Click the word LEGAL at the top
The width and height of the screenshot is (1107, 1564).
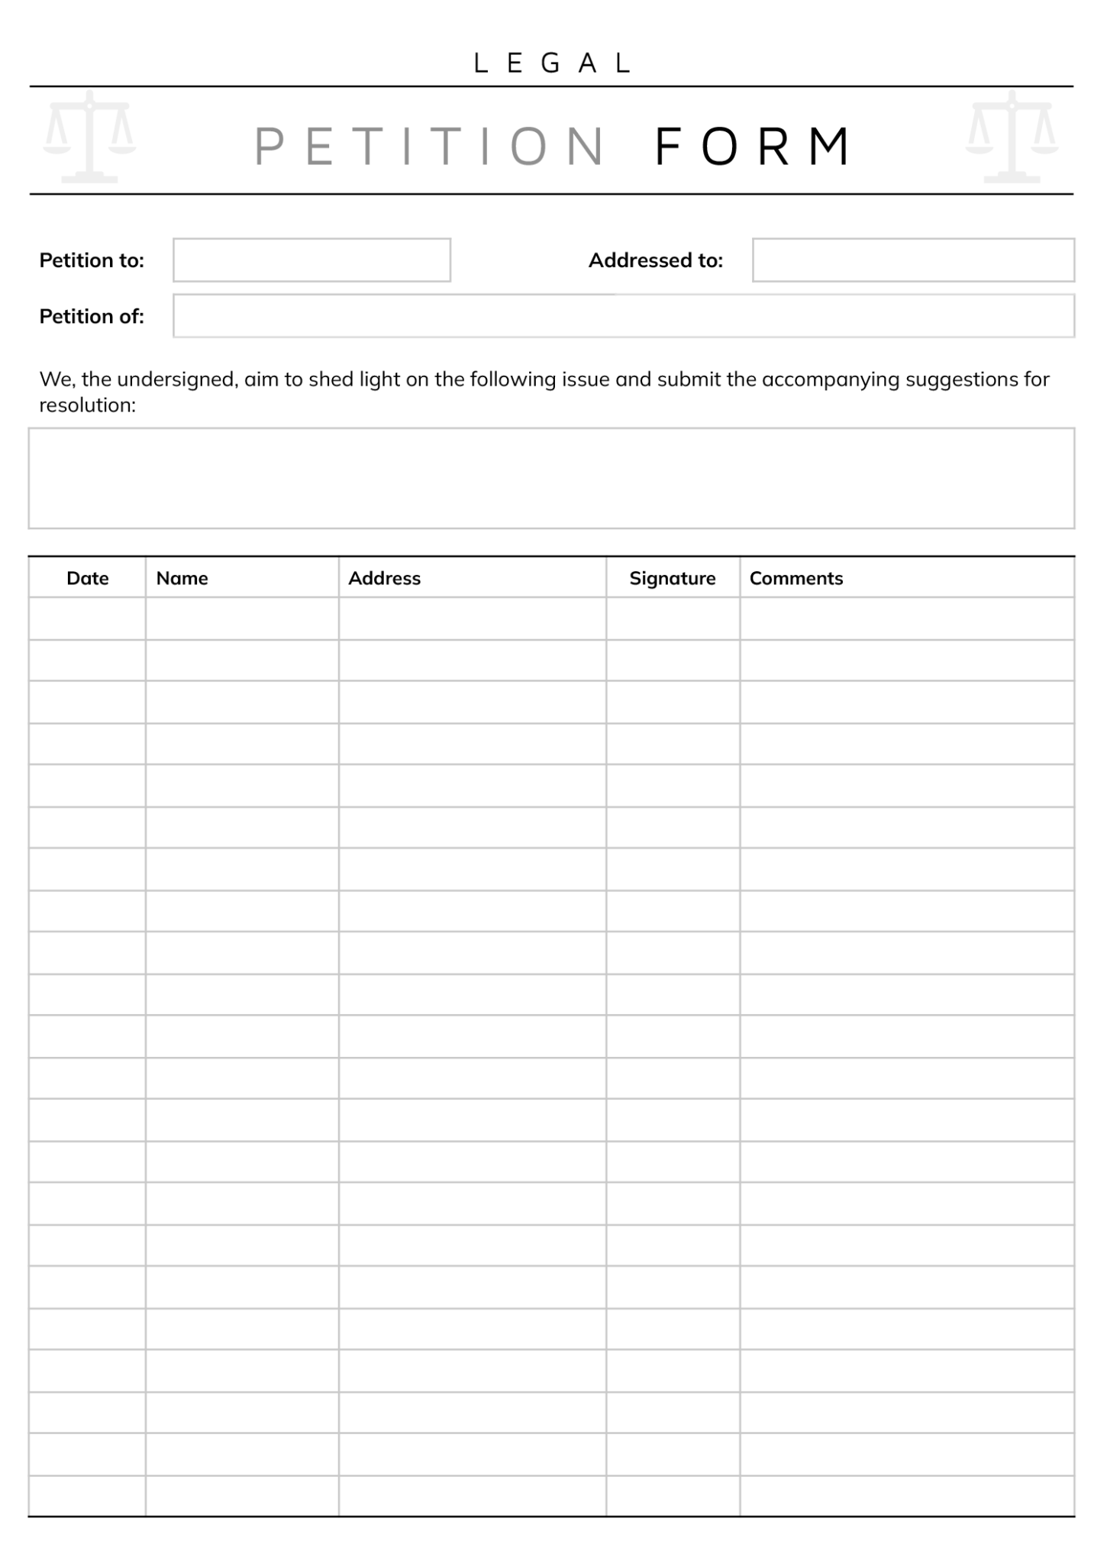[553, 63]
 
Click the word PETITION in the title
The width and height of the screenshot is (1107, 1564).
[430, 147]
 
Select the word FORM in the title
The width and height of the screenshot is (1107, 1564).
[753, 147]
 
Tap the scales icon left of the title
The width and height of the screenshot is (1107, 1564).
[89, 137]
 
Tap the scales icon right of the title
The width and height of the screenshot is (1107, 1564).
[1012, 137]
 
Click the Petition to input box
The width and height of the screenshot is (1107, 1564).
[311, 260]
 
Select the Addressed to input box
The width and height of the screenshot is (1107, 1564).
[913, 260]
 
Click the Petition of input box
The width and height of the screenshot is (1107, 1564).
[623, 316]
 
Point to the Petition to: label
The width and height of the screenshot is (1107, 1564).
[92, 260]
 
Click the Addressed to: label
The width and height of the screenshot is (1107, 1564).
[655, 260]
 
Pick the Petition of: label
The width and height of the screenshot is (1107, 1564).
[92, 316]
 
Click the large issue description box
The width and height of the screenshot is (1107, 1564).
[551, 478]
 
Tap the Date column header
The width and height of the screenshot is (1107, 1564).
[88, 578]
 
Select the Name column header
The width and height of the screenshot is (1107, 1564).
[182, 578]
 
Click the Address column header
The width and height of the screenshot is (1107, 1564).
[384, 578]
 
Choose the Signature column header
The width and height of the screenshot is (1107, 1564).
[672, 578]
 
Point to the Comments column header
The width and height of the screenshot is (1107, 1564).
[796, 578]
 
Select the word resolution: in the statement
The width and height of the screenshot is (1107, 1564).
[87, 406]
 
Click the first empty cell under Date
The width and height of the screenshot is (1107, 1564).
[87, 619]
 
